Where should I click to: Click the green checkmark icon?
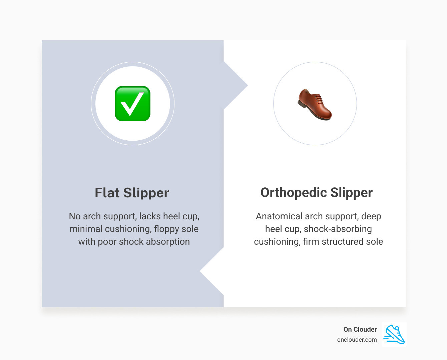132,104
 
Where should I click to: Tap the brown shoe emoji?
315,104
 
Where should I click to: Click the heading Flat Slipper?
132,193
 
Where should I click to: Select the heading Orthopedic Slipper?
316,192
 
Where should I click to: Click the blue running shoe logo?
394,334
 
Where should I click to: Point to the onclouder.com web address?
357,340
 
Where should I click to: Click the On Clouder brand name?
360,329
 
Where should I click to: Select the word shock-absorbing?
338,229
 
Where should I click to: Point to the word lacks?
150,216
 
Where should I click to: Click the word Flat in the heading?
107,193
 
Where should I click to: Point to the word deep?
371,216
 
